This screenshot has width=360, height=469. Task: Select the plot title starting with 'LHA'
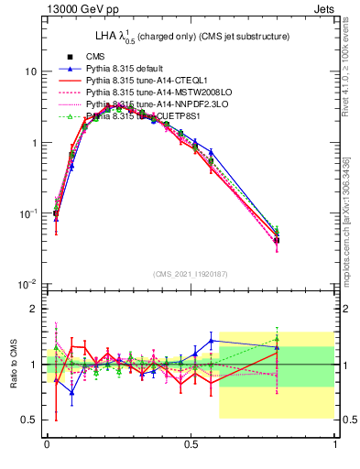[192, 37]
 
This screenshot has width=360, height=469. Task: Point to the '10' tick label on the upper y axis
[30, 71]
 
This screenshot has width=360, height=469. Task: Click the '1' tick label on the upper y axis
[33, 143]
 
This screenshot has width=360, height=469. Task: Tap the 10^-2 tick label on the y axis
[27, 285]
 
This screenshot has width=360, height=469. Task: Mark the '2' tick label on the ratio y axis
[33, 309]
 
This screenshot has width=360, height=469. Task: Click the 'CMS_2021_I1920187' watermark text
[191, 275]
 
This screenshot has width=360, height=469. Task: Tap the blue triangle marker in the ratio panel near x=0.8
[277, 345]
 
